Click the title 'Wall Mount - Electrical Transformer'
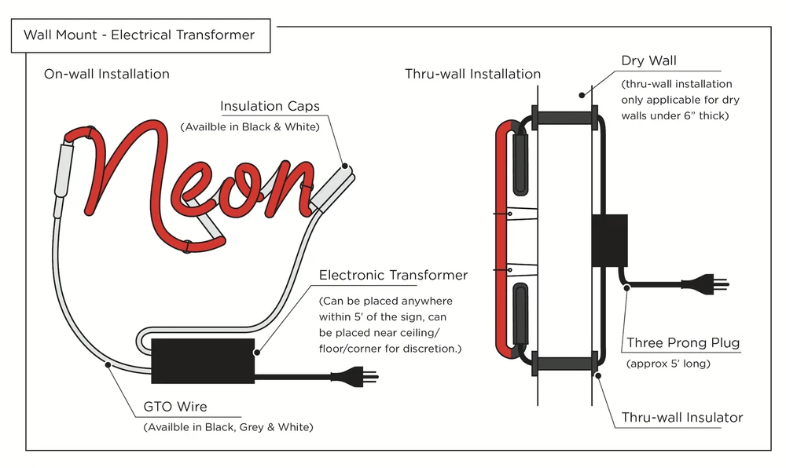pos(139,35)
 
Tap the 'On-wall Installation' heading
pos(107,75)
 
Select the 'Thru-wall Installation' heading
pos(472,75)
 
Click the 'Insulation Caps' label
pos(270,107)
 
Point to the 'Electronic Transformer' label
pos(393,275)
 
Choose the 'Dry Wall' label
pos(648,61)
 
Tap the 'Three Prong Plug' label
pos(683,343)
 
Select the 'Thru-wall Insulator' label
pos(682,417)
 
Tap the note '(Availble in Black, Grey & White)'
pos(228,427)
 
